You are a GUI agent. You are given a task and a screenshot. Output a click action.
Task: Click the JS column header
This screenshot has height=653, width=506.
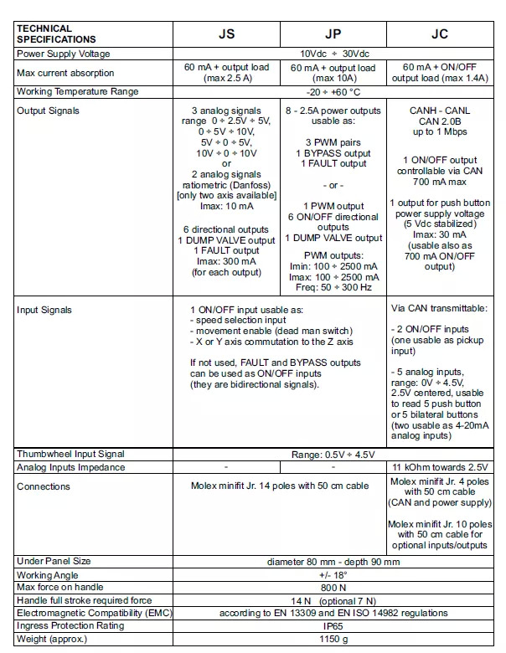(226, 35)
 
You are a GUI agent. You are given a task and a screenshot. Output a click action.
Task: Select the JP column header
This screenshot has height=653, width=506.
(333, 35)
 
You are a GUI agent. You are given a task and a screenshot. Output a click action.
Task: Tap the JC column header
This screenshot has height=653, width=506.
(439, 35)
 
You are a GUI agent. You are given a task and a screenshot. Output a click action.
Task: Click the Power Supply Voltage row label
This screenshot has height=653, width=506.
(65, 54)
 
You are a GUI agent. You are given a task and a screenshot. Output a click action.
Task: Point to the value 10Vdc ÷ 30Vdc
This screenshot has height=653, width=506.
(333, 54)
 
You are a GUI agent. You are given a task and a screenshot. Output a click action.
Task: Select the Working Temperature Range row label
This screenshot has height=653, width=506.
(78, 91)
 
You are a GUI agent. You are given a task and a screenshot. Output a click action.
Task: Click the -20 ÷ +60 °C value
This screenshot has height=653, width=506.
(333, 91)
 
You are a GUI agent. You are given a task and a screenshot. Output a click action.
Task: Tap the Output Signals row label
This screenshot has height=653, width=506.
(48, 110)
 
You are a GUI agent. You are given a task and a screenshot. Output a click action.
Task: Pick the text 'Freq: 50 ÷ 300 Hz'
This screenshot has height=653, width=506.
(333, 287)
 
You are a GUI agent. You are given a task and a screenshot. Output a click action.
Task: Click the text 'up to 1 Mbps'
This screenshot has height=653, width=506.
(440, 131)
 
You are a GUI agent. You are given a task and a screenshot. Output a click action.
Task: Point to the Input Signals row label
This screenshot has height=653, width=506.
(44, 310)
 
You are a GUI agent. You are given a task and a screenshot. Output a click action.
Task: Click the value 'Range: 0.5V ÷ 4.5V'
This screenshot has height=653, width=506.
(333, 454)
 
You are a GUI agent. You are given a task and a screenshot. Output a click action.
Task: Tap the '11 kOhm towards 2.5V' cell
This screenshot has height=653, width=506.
(440, 467)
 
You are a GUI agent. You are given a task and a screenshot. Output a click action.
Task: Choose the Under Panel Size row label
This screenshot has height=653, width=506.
(54, 561)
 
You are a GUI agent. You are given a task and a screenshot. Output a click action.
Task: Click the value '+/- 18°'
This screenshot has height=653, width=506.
(333, 575)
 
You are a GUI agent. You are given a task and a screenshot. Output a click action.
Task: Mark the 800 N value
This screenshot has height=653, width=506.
(333, 588)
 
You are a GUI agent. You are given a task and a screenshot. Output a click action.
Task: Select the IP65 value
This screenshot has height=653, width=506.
(333, 625)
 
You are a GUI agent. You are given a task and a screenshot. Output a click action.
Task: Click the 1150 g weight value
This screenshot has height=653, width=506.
(333, 639)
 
